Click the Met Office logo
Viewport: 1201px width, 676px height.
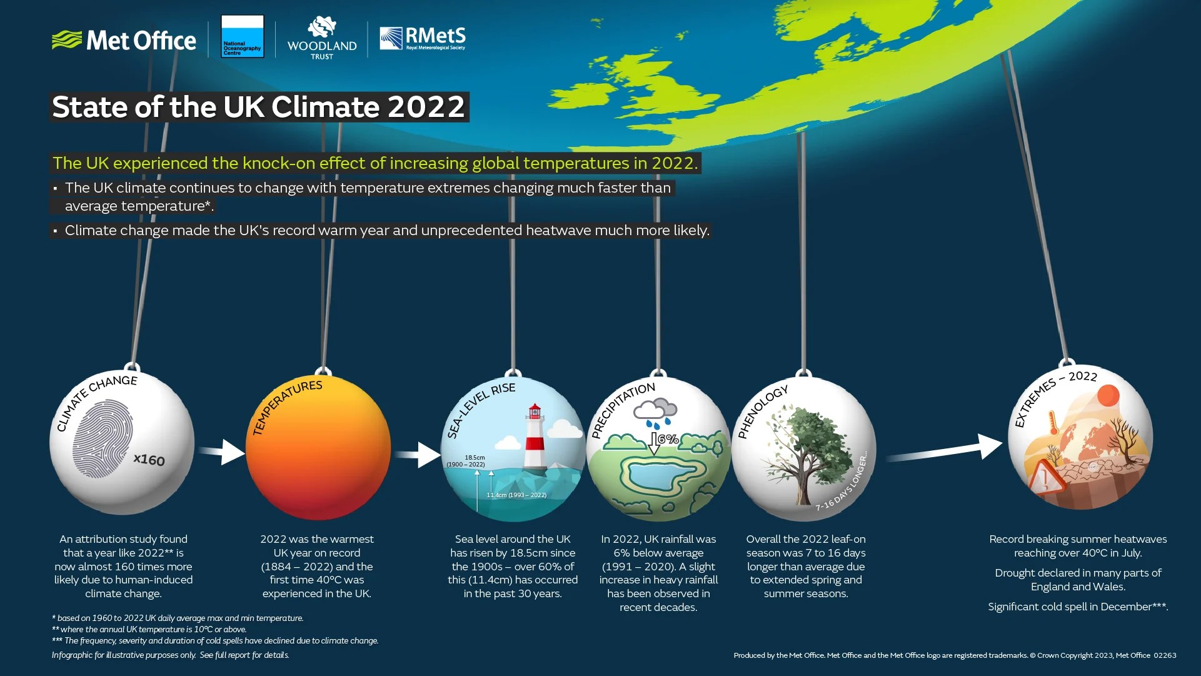click(x=124, y=41)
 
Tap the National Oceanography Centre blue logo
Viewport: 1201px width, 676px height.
click(x=243, y=37)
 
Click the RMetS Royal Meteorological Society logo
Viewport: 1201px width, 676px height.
click(x=423, y=39)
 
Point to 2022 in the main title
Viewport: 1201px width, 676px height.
click(x=426, y=107)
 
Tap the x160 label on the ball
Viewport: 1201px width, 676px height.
click(x=149, y=460)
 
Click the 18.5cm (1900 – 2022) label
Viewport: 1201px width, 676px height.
click(x=466, y=461)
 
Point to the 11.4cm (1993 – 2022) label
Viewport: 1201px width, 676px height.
click(x=516, y=495)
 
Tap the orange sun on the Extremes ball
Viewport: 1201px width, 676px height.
click(x=1108, y=396)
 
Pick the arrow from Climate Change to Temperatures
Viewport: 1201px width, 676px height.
click(x=222, y=452)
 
